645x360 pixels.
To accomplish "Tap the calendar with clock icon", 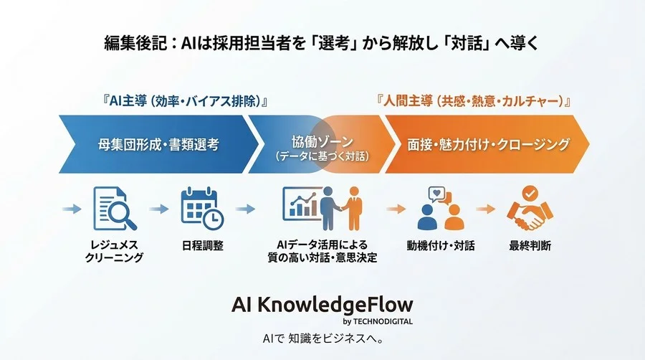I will tap(201, 208).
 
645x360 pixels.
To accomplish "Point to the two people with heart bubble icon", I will tap(439, 208).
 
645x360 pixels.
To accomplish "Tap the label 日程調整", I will tap(201, 245).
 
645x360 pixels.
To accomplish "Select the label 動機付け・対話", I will tap(439, 245).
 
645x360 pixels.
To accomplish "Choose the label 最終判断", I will tap(530, 245).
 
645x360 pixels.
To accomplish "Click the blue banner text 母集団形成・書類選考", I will tap(158, 145).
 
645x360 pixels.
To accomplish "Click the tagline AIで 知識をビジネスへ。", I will tap(322, 337).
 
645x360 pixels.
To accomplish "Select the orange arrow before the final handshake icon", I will tap(486, 209).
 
